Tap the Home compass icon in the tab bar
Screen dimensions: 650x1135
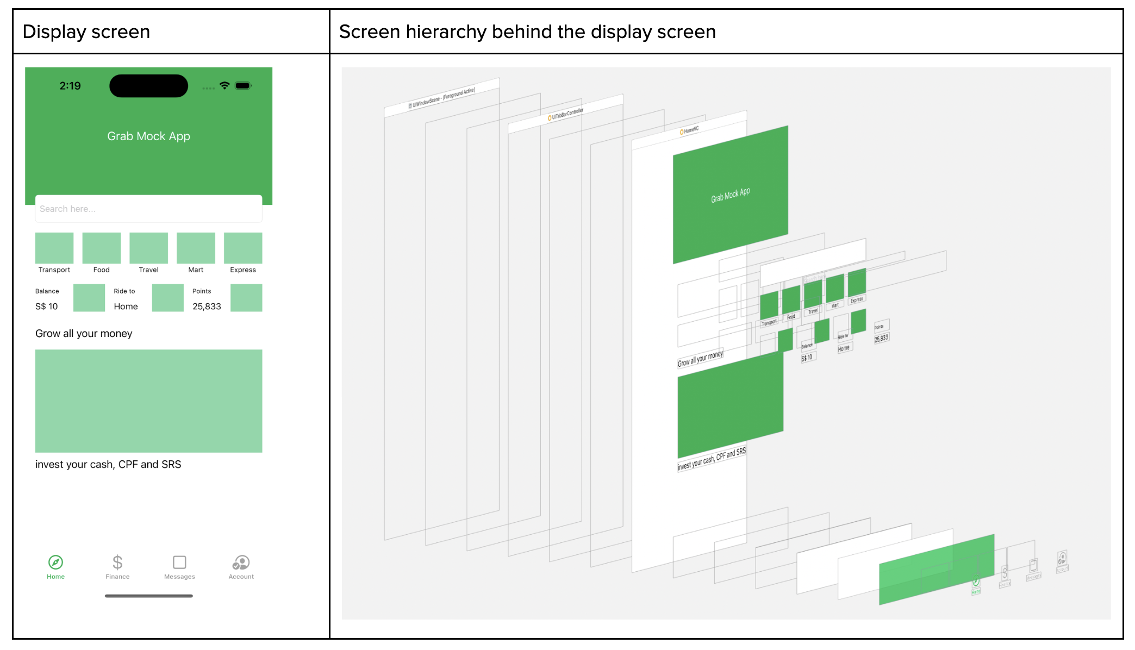click(55, 562)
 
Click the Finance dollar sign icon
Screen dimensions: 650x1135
click(117, 562)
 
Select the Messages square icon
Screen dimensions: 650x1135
click(179, 562)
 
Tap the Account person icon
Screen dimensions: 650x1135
click(241, 562)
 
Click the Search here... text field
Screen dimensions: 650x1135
click(148, 209)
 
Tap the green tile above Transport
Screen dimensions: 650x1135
click(54, 248)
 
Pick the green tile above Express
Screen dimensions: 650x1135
click(243, 248)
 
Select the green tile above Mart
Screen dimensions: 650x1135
click(196, 248)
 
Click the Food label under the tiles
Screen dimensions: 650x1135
click(102, 270)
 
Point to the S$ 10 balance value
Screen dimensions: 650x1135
click(47, 307)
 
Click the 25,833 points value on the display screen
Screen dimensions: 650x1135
click(207, 307)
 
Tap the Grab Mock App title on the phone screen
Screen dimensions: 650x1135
click(148, 136)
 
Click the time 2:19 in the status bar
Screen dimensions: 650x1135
click(70, 86)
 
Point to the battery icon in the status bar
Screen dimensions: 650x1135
click(243, 85)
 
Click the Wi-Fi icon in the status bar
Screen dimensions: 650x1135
click(224, 85)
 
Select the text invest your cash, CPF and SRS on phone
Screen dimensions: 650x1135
click(108, 465)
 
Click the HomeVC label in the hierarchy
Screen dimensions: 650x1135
click(690, 130)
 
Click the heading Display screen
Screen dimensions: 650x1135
click(86, 32)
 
